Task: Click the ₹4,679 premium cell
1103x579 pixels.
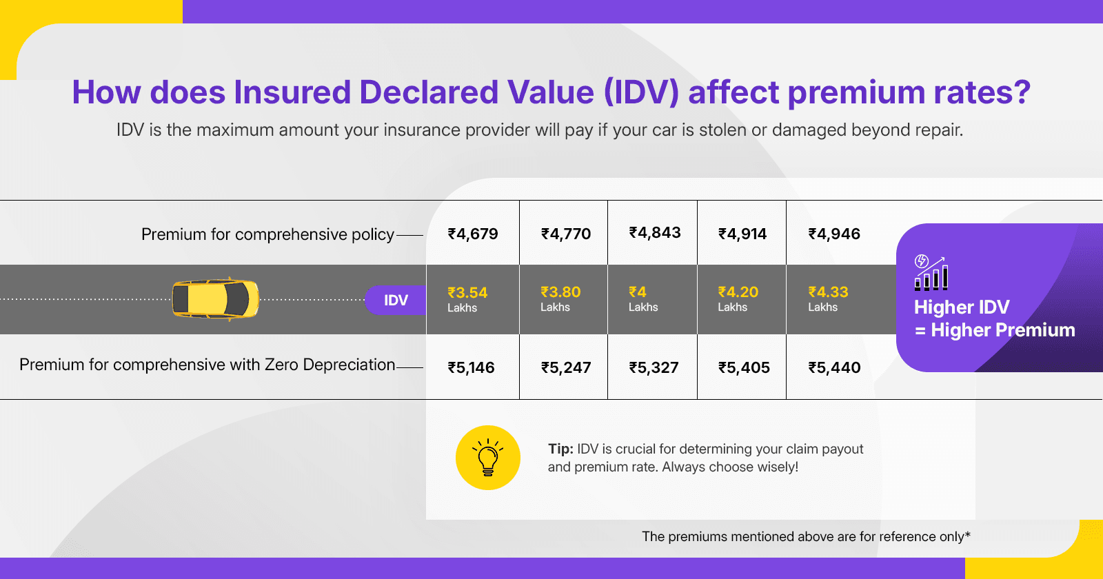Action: click(473, 234)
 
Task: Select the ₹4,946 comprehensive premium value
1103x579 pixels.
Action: click(834, 234)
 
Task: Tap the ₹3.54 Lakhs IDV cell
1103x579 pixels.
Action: click(467, 299)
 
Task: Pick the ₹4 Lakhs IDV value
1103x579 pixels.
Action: click(642, 299)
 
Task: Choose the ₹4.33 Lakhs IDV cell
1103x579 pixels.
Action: click(828, 299)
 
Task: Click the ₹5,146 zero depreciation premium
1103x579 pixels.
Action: click(472, 367)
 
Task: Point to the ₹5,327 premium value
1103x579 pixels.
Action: click(654, 367)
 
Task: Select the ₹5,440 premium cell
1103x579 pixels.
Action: click(834, 367)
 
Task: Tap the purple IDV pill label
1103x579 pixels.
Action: click(396, 300)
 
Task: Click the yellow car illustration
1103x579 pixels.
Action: click(215, 299)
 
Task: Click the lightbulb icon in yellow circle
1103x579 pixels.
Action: click(488, 458)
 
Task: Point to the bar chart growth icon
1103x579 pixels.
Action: click(931, 273)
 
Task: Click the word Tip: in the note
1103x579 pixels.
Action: click(560, 449)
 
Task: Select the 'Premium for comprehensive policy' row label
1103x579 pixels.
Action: click(267, 234)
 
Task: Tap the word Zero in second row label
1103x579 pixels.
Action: click(281, 365)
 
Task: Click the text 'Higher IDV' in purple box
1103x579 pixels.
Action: click(962, 307)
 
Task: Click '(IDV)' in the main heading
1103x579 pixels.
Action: click(641, 92)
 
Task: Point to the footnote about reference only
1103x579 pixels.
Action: click(806, 536)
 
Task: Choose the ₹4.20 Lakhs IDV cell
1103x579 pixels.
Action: click(738, 299)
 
